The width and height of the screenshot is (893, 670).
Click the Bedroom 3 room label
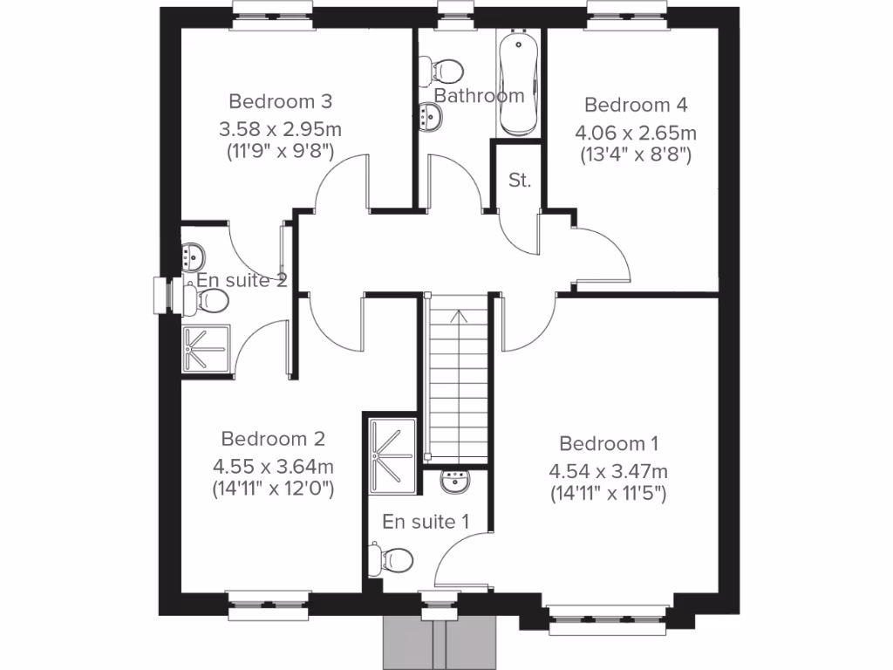click(x=280, y=100)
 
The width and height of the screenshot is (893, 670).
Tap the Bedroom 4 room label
click(x=636, y=105)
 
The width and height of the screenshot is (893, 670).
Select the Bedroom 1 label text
click(x=609, y=442)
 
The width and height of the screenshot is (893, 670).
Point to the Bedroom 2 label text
click(x=273, y=438)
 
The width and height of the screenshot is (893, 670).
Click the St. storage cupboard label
click(x=519, y=181)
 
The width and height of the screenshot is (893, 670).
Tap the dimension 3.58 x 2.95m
click(x=280, y=129)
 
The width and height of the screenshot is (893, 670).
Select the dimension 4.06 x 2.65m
click(x=636, y=133)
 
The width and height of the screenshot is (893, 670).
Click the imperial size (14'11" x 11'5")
click(x=609, y=493)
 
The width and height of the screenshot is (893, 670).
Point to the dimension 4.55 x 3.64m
click(x=273, y=466)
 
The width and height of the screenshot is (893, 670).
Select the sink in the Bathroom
click(x=429, y=116)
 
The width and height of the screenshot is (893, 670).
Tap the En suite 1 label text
click(x=426, y=522)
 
